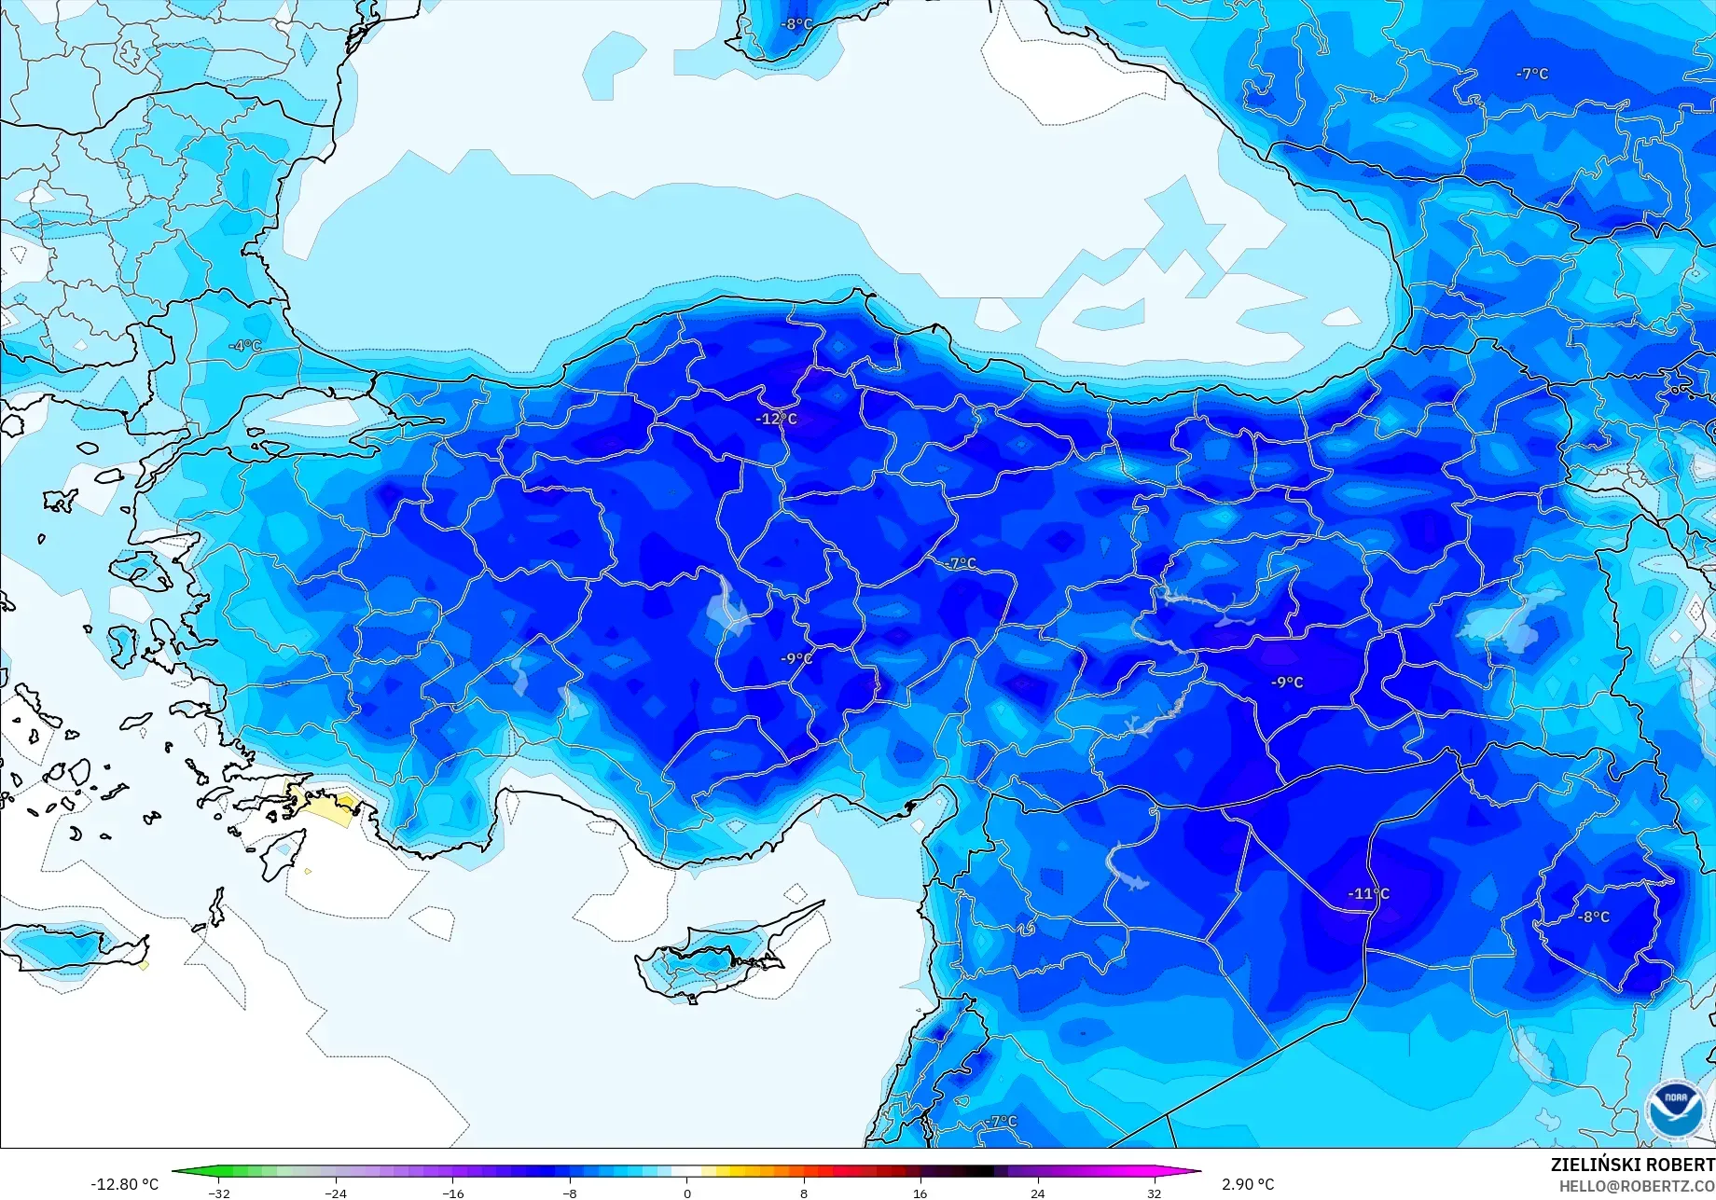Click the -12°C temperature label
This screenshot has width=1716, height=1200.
(776, 419)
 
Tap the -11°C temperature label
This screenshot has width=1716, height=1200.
(1368, 893)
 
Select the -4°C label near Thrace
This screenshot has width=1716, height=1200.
(245, 346)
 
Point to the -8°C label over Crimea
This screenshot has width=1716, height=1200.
(796, 24)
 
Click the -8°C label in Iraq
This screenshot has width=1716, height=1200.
(1594, 917)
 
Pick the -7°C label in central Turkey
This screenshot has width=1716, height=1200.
(960, 563)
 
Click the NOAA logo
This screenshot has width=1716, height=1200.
(1675, 1110)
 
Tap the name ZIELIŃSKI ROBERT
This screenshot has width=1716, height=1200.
(1632, 1165)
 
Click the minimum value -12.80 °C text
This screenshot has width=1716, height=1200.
(124, 1184)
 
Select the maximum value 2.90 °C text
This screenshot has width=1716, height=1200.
(1248, 1184)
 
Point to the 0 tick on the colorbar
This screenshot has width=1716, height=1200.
(687, 1193)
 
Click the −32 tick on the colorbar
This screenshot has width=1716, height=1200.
(219, 1193)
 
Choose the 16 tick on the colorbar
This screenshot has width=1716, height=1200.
(920, 1193)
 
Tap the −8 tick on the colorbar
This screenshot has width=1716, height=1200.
(570, 1193)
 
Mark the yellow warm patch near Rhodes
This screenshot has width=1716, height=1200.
(326, 805)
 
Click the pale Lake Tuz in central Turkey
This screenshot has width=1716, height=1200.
(728, 611)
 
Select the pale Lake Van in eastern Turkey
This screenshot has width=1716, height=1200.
(1511, 620)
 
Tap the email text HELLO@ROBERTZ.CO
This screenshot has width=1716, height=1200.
(1637, 1185)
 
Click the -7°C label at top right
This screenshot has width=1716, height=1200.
(1531, 74)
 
